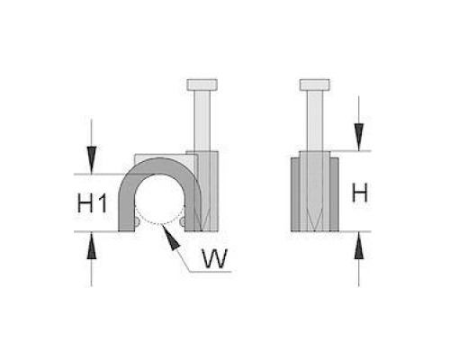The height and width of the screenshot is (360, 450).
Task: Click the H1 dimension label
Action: (x=92, y=203)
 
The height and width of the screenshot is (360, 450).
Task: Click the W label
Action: (x=215, y=258)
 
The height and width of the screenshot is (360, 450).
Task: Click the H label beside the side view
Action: (x=360, y=193)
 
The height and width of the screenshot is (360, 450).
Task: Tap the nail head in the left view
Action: (x=202, y=85)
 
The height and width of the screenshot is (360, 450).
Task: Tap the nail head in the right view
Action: (x=315, y=85)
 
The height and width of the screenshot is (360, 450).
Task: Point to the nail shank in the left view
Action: (x=202, y=121)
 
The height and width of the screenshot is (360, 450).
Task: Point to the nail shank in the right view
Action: (x=315, y=121)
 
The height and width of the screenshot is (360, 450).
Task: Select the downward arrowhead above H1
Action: (x=92, y=159)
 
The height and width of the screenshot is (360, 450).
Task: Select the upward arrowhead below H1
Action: (x=92, y=246)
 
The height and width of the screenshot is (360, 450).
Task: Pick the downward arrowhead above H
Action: (x=359, y=137)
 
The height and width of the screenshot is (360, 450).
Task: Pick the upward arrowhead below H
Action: (x=359, y=246)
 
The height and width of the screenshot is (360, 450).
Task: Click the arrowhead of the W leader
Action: (x=170, y=237)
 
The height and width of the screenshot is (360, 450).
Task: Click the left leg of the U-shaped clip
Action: (x=126, y=210)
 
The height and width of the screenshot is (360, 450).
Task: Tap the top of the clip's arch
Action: (x=160, y=166)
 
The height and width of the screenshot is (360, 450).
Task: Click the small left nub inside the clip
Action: (x=137, y=222)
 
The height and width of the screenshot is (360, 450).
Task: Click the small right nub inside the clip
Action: (x=183, y=222)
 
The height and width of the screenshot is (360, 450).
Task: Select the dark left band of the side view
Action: (x=295, y=194)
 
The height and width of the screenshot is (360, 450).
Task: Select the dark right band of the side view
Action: (x=334, y=194)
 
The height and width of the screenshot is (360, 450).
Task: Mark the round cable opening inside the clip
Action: (x=159, y=200)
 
